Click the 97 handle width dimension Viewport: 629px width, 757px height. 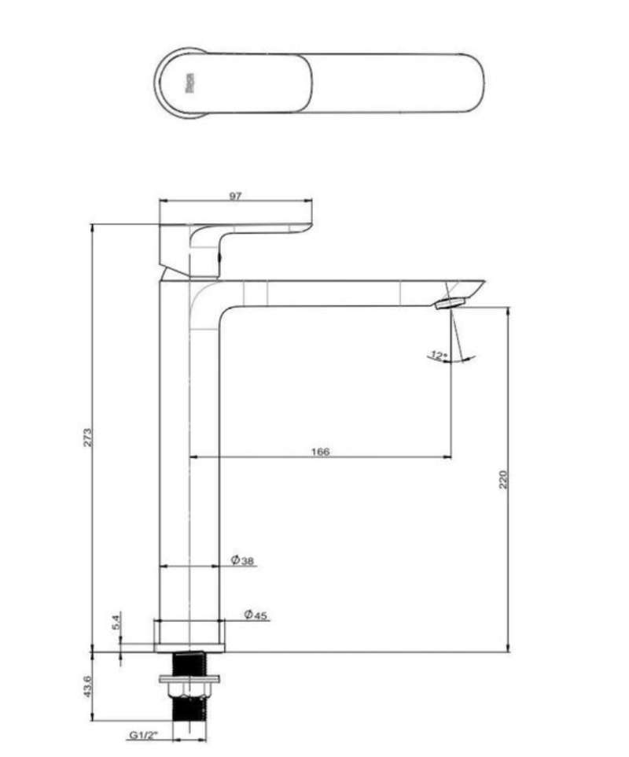[235, 196]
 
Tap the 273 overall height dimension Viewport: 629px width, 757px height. [88, 437]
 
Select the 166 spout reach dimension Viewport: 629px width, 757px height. [320, 451]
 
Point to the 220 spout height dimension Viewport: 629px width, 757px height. [503, 478]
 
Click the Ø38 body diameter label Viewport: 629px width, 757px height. [242, 561]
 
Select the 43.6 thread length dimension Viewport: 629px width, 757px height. [88, 686]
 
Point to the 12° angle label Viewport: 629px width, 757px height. [438, 355]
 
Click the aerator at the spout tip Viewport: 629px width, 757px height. [451, 302]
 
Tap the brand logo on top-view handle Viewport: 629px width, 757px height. [189, 82]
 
